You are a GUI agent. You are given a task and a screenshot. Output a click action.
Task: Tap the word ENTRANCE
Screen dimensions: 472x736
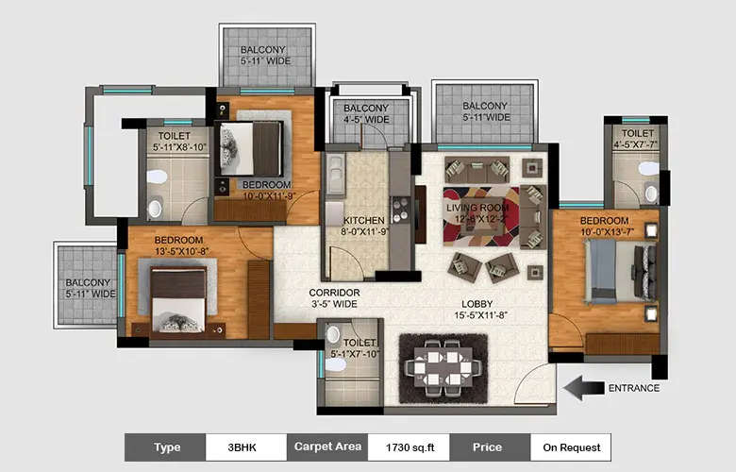point(633,388)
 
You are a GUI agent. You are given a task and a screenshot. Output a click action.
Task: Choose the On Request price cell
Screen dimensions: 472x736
point(570,447)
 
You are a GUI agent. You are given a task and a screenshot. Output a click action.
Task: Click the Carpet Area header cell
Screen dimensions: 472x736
point(326,447)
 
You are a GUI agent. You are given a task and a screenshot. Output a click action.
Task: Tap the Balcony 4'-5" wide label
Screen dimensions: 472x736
point(366,114)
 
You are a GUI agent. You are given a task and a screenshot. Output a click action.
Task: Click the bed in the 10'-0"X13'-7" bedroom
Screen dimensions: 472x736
point(618,269)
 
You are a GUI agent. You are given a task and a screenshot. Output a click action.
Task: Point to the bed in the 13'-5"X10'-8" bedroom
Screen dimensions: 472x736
point(178,297)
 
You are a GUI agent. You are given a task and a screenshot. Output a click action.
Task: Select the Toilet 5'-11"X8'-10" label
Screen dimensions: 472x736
point(176,142)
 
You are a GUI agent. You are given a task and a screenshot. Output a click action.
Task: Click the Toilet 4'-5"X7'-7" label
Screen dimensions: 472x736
point(636,139)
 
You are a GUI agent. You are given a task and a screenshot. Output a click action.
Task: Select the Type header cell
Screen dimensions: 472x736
point(165,447)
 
